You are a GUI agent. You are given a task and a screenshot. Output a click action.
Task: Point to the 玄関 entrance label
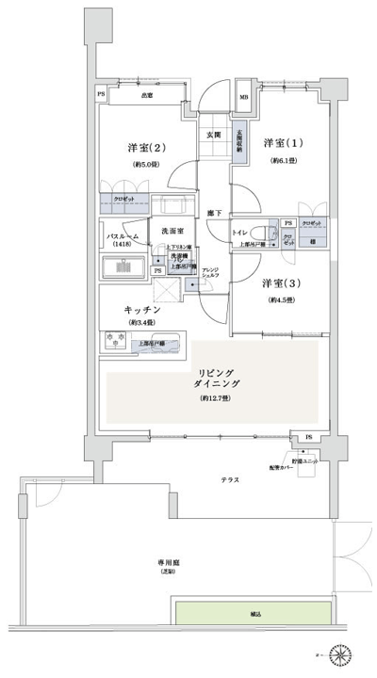click(x=215, y=136)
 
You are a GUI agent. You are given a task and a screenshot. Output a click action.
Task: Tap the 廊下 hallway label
click(x=217, y=214)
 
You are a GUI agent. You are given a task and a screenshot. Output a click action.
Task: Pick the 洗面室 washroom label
click(x=171, y=231)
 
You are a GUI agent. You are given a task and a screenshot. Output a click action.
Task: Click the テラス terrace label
click(x=229, y=480)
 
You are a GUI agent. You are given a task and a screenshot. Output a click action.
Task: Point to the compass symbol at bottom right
click(x=345, y=654)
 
